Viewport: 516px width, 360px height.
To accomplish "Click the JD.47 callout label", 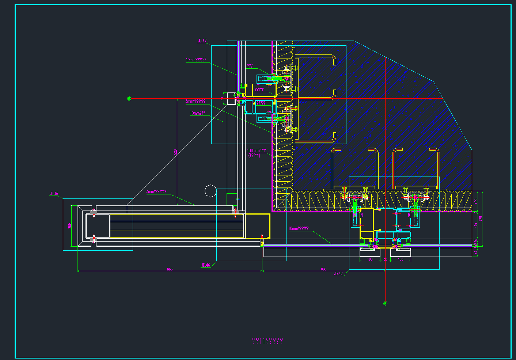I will [202, 41].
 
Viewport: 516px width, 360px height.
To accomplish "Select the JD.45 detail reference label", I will [54, 194].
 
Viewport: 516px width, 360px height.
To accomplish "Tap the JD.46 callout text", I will [206, 265].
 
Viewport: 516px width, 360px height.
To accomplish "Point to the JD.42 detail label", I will [338, 273].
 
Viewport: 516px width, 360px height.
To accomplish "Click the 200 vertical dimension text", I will [70, 226].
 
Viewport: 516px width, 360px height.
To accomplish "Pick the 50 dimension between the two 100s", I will [385, 259].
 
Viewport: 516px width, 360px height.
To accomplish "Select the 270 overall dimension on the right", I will [481, 219].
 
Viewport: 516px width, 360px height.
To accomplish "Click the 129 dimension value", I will [476, 226].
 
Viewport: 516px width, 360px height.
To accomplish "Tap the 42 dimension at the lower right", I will [476, 252].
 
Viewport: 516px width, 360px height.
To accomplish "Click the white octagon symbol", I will [211, 191].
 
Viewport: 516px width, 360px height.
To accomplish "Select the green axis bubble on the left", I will [129, 98].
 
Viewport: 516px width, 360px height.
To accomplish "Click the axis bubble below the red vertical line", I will [385, 303].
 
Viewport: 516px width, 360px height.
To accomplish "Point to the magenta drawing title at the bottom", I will [268, 341].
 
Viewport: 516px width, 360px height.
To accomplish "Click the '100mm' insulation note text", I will [256, 151].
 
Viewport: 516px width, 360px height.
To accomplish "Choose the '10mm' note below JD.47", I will [196, 60].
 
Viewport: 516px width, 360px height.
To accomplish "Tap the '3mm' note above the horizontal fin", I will [156, 192].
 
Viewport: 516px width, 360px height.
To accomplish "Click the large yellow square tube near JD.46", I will [258, 226].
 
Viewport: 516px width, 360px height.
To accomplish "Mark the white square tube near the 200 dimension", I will [98, 226].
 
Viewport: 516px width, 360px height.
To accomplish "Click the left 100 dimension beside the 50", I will [370, 259].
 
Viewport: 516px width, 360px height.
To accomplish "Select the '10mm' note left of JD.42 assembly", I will [299, 228].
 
